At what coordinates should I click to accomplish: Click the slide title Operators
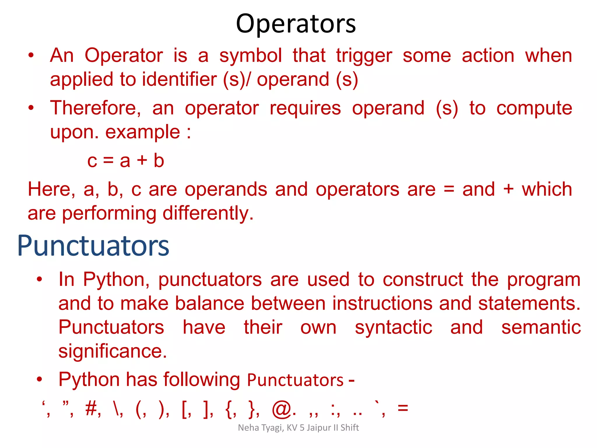click(x=296, y=24)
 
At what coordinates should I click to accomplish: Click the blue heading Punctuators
click(x=93, y=246)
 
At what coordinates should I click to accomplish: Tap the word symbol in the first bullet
click(x=250, y=55)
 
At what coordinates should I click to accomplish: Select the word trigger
click(x=364, y=56)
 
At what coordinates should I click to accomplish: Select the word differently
click(x=208, y=213)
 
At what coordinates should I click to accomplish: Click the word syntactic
click(x=393, y=328)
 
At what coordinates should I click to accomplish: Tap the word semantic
click(x=541, y=327)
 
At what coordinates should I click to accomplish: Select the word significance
click(x=112, y=351)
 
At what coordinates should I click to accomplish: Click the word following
click(x=201, y=380)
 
